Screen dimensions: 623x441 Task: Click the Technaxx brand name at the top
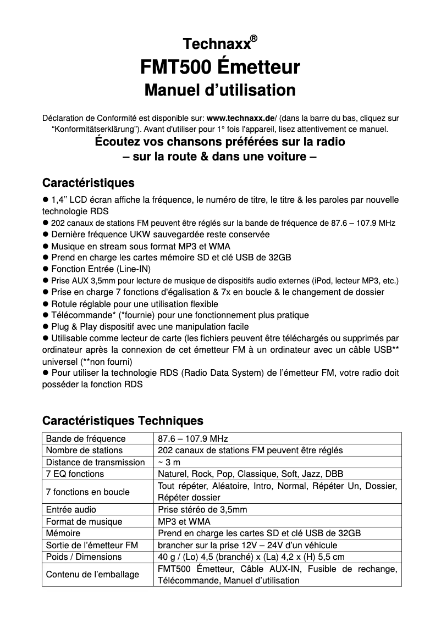tap(216, 44)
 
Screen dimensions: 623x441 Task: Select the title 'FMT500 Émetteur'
tap(220, 67)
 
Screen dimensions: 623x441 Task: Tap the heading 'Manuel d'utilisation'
tap(220, 90)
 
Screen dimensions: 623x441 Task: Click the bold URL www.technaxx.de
tap(240, 118)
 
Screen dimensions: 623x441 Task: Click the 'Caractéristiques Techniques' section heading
tap(123, 421)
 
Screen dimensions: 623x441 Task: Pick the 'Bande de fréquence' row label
tap(86, 438)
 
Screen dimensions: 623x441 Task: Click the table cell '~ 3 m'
tap(165, 462)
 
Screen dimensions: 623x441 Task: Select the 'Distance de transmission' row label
tap(95, 462)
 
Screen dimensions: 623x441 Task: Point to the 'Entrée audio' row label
tap(71, 509)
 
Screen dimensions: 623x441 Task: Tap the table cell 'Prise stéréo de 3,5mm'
tap(202, 509)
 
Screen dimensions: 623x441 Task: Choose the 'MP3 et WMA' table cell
tap(184, 521)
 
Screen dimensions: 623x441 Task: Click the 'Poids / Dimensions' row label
tap(84, 557)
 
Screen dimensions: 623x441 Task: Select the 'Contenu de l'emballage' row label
tap(92, 574)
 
